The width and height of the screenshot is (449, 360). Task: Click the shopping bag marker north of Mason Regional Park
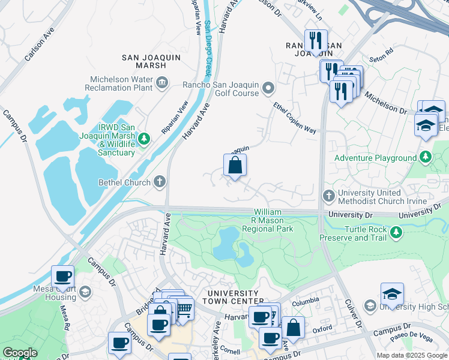coord(235,166)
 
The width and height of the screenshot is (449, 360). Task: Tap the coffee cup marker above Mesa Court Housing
coord(62,277)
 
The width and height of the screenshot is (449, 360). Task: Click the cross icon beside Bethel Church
coord(160,181)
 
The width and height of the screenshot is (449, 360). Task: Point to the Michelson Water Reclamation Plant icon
coord(161,82)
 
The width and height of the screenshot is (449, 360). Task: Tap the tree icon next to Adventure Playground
coord(425,158)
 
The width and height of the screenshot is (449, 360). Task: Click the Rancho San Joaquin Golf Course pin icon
coord(268,89)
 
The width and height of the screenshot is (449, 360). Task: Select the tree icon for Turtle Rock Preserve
coord(396,232)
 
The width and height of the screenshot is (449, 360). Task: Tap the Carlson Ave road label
coord(40,43)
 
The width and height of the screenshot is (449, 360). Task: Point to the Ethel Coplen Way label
coord(294,117)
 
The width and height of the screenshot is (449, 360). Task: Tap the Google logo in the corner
coord(20,353)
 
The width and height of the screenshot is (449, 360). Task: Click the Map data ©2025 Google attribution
coord(412,355)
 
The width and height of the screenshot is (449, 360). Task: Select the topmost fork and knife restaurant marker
coord(316,41)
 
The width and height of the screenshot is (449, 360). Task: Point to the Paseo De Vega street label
coord(412,339)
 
